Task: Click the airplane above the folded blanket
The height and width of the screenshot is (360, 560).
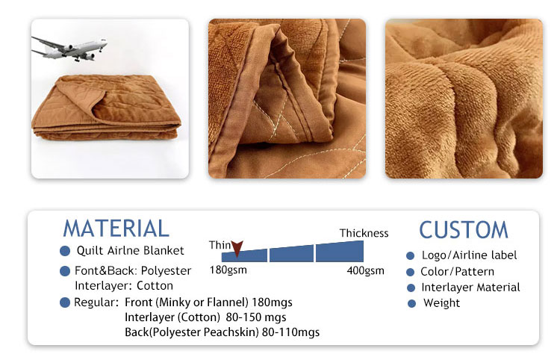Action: pos(69,49)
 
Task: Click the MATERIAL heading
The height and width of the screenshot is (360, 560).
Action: pos(116,229)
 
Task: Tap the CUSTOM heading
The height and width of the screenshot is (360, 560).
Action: pos(464,229)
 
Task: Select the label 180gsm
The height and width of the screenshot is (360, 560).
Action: pos(228,270)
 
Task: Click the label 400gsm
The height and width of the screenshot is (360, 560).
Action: pos(365,270)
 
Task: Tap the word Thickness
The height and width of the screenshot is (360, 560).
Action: pos(364,233)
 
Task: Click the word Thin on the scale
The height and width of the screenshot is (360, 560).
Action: pos(220,245)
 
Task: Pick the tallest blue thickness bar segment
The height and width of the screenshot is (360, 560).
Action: pos(340,252)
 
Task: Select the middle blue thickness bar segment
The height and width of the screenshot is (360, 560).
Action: pos(291,254)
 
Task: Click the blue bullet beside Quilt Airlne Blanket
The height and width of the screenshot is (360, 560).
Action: pos(65,251)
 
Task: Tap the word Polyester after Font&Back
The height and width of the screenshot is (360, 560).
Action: pos(166,271)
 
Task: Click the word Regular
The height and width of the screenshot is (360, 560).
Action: pos(96,302)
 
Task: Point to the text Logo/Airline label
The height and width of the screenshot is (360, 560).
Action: pos(470,255)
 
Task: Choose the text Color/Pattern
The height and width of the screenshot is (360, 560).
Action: pos(458,271)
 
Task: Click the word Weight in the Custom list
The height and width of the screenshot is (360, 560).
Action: pos(441,302)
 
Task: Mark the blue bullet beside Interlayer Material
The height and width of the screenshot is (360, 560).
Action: pos(411,288)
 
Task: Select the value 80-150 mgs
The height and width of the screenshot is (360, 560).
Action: pos(256,317)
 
